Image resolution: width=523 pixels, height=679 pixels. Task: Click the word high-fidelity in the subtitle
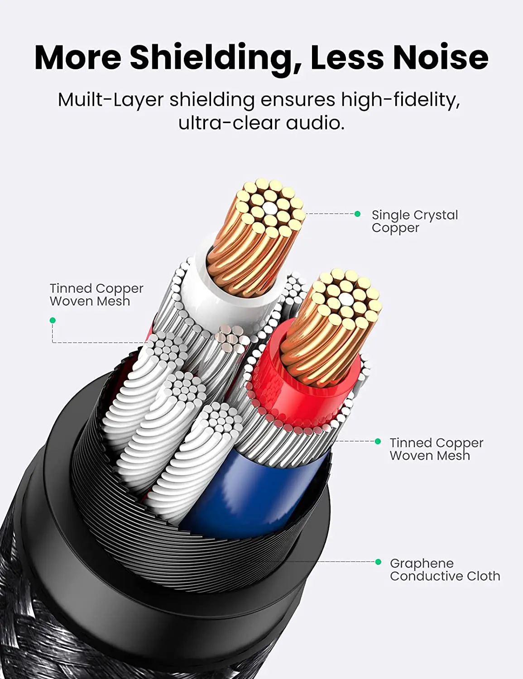pos(400,100)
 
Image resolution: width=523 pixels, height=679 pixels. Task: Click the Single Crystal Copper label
pos(414,221)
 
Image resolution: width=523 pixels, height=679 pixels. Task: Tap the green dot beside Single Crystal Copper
pos(357,214)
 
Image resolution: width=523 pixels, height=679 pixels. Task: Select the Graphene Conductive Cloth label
pos(445,569)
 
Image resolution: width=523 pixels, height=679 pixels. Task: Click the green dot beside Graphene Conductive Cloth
pos(378,562)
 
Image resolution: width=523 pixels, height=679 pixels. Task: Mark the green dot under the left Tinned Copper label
pos(53,320)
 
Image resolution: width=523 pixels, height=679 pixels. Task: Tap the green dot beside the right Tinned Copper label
pos(378,441)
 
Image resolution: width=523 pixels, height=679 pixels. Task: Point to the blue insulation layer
pos(254,493)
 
